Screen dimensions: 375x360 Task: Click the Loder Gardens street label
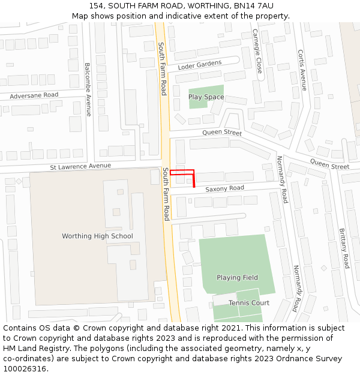[x=200, y=65]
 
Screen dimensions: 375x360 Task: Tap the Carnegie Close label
[x=257, y=50]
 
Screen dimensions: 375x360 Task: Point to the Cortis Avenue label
[x=302, y=70]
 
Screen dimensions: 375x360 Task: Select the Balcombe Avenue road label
[x=88, y=89]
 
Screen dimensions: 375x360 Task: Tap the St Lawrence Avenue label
[x=80, y=166]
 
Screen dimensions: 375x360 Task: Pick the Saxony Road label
[x=224, y=188]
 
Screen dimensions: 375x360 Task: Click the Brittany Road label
[x=344, y=248]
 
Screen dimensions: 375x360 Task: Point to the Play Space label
[x=206, y=97]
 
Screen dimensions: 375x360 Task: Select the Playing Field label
[x=237, y=278]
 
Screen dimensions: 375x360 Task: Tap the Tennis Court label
[x=248, y=303]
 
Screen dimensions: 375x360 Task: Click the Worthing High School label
[x=97, y=236]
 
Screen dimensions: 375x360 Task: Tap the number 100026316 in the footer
[x=26, y=368]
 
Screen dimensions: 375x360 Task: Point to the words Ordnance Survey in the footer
[x=310, y=359]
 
